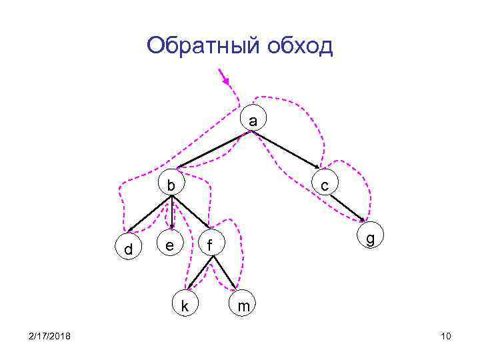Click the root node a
[252, 121]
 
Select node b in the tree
[172, 185]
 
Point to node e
[170, 245]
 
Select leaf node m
[244, 306]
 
